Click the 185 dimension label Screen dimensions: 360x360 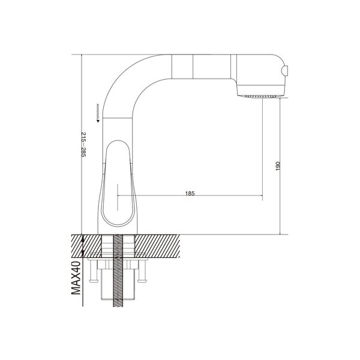[x=190, y=193]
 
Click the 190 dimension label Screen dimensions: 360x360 [x=278, y=166]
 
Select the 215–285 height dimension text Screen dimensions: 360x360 [x=83, y=145]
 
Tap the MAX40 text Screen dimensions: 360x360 [x=76, y=278]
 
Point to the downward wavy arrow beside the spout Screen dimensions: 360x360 [x=98, y=113]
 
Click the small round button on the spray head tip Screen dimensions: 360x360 [x=285, y=70]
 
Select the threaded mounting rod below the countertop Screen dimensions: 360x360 [x=118, y=271]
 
